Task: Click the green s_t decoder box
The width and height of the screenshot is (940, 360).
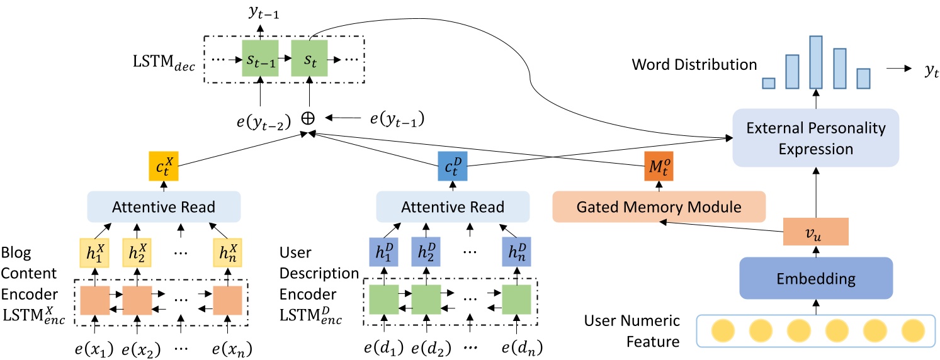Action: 310,60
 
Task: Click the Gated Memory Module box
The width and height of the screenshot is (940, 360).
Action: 659,206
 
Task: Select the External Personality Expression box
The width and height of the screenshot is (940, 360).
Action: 816,138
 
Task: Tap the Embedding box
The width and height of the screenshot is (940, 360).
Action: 817,278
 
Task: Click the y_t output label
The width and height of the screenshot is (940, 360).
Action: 931,72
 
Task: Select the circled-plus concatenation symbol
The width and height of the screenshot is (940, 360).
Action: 309,117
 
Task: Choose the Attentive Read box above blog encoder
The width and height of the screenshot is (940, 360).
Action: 164,206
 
